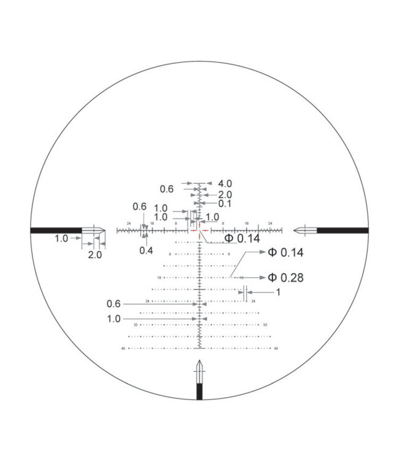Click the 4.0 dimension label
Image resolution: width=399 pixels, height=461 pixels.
coord(224,183)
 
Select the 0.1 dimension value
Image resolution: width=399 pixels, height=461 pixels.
coord(225,203)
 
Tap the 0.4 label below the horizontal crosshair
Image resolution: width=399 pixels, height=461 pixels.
coord(146,250)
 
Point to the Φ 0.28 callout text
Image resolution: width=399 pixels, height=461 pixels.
coord(285,278)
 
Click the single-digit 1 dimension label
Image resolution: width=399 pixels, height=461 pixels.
coord(277,293)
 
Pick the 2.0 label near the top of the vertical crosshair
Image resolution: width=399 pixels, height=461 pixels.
coord(224,194)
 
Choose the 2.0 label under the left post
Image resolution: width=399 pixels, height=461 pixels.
coord(95,254)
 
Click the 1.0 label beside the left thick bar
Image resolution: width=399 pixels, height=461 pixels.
coord(61,238)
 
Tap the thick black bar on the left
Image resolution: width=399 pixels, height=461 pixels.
coord(56,230)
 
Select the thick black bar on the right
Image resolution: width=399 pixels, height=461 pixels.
coord(343,230)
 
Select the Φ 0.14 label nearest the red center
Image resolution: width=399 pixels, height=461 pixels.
coord(241,238)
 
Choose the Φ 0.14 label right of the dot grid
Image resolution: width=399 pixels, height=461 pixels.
coord(285,253)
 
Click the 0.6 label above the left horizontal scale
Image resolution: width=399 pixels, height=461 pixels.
coord(140,207)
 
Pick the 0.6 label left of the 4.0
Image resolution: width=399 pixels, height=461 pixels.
coord(167,189)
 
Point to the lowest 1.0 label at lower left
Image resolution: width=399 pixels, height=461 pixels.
coord(114,319)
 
